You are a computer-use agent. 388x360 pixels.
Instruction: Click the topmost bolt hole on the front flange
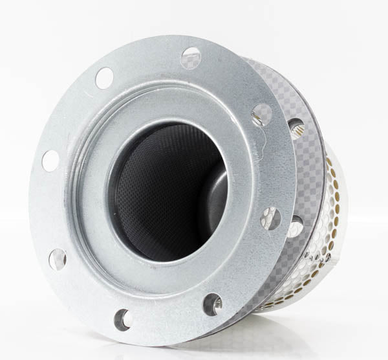[x=191, y=58]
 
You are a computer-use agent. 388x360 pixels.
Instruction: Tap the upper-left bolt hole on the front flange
[x=104, y=78]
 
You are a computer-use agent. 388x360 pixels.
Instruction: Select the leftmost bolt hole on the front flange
[x=50, y=160]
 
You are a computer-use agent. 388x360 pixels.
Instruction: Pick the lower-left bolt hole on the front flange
[x=58, y=259]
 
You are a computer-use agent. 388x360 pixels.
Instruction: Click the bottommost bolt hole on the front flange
[x=123, y=319]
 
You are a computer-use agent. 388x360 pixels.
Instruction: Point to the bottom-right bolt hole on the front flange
[x=212, y=304]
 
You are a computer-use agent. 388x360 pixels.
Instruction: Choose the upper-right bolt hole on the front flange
[x=262, y=115]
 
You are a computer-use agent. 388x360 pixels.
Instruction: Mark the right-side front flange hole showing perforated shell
[x=270, y=218]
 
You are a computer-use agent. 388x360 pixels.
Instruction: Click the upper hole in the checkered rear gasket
[x=296, y=128]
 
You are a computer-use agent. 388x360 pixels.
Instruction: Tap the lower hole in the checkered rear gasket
[x=295, y=226]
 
